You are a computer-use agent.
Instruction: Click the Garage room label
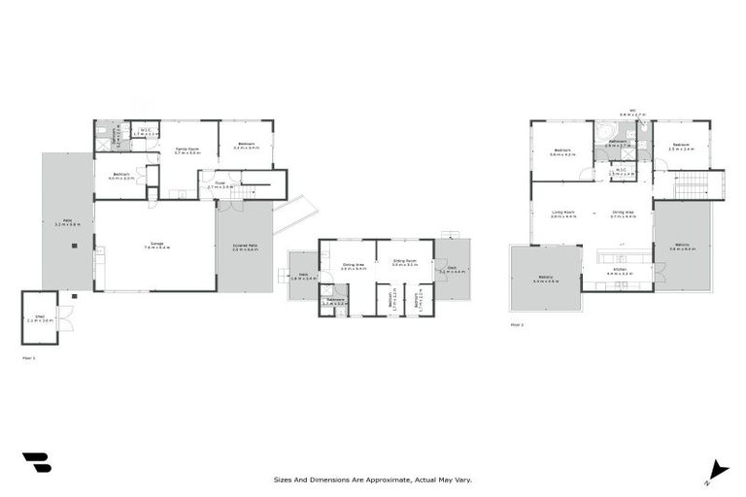(x=155, y=246)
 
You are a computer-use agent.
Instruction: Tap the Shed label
(x=40, y=316)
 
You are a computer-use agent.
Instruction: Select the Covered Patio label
(x=245, y=248)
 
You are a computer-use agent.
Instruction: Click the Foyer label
(x=220, y=184)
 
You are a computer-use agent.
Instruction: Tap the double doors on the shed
(x=64, y=317)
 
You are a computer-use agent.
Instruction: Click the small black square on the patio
(x=74, y=245)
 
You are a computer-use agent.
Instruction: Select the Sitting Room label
(x=404, y=262)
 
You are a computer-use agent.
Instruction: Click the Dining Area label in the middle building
(x=353, y=266)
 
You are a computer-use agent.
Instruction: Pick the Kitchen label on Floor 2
(x=618, y=273)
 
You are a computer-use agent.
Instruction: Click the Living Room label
(x=563, y=214)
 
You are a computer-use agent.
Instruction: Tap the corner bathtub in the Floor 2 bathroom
(x=604, y=133)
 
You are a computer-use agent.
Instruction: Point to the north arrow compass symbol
(x=718, y=470)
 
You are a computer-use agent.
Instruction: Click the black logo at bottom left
(x=36, y=462)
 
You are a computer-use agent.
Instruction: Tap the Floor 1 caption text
(x=28, y=358)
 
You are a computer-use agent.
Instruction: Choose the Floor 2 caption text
(x=517, y=325)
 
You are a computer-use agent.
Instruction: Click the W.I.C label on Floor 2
(x=622, y=172)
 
